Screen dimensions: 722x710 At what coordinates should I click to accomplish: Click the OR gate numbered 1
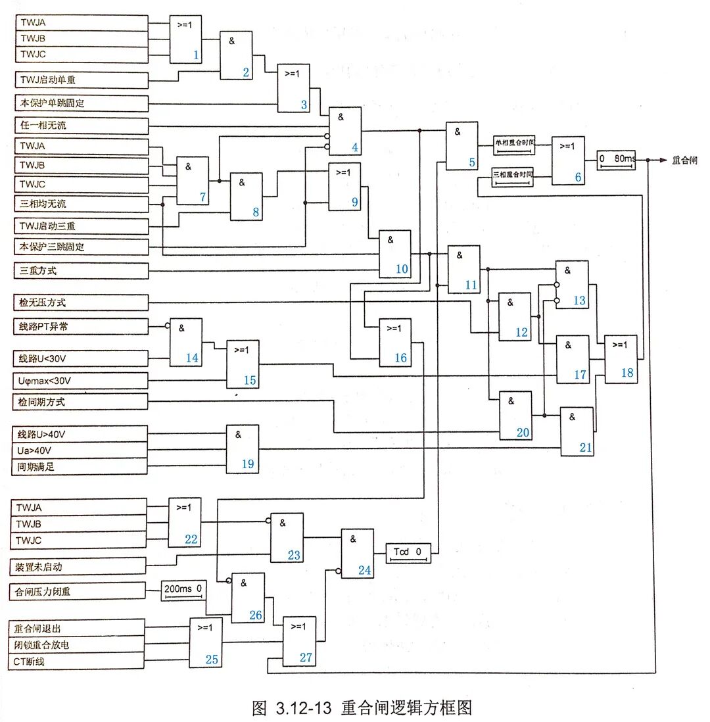point(185,39)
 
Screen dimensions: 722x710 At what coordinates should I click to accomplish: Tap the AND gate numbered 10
point(394,253)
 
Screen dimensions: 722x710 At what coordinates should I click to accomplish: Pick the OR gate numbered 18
point(621,359)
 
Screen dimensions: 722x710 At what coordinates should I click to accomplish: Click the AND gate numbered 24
point(357,553)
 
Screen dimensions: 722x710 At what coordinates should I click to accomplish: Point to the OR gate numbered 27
point(298,641)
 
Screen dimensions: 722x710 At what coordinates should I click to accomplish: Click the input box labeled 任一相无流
point(82,125)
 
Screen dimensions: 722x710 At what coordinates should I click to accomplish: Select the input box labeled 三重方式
point(82,270)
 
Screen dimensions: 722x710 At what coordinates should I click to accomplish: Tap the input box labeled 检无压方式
point(82,302)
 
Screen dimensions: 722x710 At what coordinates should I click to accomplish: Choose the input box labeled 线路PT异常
point(82,326)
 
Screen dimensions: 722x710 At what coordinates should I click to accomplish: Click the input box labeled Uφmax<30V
point(82,381)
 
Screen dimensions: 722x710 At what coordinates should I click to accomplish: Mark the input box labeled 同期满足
point(82,467)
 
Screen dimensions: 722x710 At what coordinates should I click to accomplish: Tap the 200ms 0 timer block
point(184,590)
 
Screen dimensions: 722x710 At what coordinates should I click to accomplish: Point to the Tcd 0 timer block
point(408,553)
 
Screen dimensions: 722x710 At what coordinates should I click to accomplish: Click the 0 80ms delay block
point(617,160)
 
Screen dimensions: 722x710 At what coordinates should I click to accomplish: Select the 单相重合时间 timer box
point(514,145)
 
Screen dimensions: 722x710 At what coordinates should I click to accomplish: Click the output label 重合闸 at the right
point(684,160)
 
